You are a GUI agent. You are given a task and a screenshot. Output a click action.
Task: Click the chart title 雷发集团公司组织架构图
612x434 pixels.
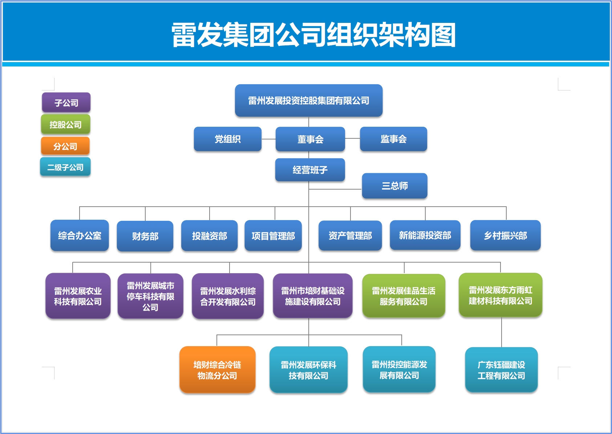313,35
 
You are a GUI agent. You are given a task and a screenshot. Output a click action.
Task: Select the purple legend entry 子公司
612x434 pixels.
66,102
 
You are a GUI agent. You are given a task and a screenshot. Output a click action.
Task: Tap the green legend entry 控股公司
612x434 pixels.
66,124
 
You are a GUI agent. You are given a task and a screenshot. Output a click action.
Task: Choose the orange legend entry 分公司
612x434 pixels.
65,146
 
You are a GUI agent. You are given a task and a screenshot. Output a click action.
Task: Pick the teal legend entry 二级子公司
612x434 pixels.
65,167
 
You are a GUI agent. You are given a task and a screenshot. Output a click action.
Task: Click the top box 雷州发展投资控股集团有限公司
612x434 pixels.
309,101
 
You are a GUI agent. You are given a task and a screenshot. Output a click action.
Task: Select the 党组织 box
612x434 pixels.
228,139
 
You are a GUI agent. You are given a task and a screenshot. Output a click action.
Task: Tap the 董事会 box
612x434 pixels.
311,139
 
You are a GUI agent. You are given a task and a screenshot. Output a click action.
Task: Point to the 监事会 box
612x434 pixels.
393,139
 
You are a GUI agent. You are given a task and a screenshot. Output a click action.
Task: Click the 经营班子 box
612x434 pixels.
310,170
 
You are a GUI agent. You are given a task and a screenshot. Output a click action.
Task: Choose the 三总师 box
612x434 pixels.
395,186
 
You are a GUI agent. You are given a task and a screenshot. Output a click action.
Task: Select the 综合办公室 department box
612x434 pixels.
80,235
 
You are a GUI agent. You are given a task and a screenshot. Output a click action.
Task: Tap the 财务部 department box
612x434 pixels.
145,236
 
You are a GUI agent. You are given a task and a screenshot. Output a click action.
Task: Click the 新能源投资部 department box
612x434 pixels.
425,235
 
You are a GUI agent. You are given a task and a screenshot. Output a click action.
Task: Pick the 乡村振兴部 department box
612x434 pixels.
506,235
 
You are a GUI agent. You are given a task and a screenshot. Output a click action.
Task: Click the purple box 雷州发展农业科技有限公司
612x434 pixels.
78,296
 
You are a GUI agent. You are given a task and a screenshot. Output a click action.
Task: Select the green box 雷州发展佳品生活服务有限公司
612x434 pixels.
404,296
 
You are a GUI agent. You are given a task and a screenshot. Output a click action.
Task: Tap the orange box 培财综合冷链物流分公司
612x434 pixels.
218,370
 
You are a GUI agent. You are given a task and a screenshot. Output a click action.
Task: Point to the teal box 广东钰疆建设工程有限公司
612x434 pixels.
501,370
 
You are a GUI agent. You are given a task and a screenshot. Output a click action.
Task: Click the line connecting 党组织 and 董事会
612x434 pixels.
268,139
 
